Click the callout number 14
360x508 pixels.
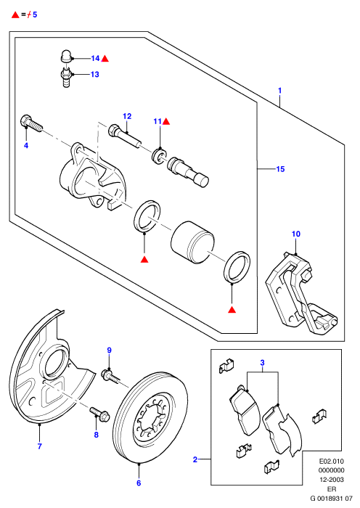[x=95, y=58]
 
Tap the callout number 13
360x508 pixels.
[x=95, y=75]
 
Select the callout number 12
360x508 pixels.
[x=127, y=116]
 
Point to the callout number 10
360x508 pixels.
[x=296, y=234]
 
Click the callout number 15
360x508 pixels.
[x=280, y=169]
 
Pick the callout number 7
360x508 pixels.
[x=39, y=446]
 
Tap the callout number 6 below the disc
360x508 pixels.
[x=139, y=483]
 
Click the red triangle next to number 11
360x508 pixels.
[x=166, y=122]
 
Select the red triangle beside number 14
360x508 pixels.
[x=105, y=59]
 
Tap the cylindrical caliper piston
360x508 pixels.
[x=192, y=242]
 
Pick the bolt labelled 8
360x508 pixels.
[x=100, y=412]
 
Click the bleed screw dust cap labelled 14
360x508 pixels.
[x=66, y=57]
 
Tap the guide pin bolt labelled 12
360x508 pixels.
[x=125, y=136]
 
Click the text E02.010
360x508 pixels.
[x=332, y=461]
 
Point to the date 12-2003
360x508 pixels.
[x=332, y=480]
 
